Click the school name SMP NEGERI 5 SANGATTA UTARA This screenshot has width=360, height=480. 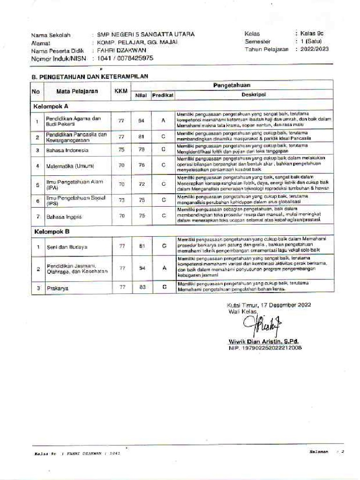pos(146,34)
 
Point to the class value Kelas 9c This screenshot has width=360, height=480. pos(312,34)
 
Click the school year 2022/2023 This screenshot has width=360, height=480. pos(315,49)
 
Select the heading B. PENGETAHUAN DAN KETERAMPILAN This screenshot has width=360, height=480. pos(90,75)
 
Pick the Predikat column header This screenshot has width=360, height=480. pos(163,95)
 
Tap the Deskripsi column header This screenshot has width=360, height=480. pos(253,95)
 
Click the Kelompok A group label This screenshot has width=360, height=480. pos(51,106)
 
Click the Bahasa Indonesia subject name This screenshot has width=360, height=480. pos(67,150)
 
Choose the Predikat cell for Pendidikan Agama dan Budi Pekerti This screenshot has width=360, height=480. pos(164,121)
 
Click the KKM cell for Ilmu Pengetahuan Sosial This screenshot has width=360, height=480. pos(121,200)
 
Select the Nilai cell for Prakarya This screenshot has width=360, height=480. pos(142,288)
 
